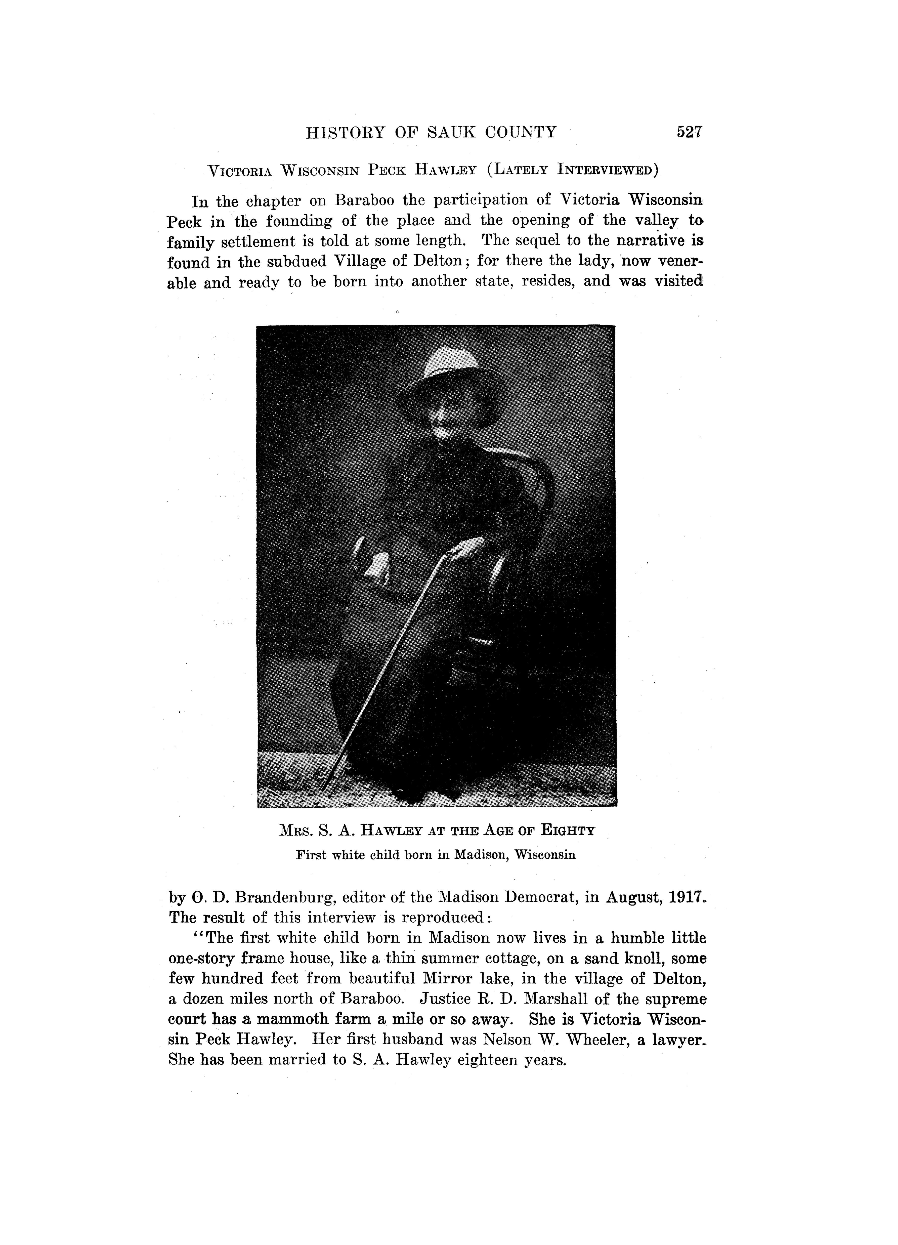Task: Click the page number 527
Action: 690,132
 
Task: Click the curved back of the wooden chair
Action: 535,472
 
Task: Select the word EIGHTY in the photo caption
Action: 568,831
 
